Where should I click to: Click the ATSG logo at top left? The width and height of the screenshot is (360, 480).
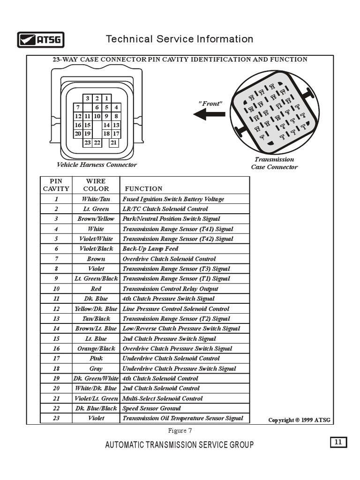(x=41, y=40)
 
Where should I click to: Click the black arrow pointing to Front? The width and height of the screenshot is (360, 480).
(x=209, y=114)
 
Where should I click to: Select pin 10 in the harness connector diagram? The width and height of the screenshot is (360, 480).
(x=97, y=116)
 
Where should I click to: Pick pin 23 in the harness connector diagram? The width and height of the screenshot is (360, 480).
(x=88, y=142)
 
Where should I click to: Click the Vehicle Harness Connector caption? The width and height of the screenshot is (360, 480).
(x=97, y=165)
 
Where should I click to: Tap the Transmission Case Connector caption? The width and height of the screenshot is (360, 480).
(x=274, y=163)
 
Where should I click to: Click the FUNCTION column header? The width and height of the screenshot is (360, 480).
(x=143, y=188)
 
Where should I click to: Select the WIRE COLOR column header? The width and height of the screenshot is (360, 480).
(x=96, y=185)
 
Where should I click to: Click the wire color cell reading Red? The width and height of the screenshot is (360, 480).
(x=96, y=289)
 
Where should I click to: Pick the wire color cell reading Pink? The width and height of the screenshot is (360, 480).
(x=96, y=358)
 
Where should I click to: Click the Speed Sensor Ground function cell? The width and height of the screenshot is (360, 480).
(x=151, y=408)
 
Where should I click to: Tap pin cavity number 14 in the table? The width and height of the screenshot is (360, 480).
(x=56, y=329)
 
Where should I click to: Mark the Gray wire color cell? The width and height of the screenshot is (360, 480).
(x=96, y=368)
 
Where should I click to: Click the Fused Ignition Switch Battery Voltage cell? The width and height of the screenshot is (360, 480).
(x=173, y=199)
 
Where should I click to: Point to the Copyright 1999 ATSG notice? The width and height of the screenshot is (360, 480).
(x=299, y=420)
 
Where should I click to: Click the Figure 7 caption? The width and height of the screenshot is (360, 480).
(x=180, y=431)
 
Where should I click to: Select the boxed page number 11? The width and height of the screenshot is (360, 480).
(x=338, y=442)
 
